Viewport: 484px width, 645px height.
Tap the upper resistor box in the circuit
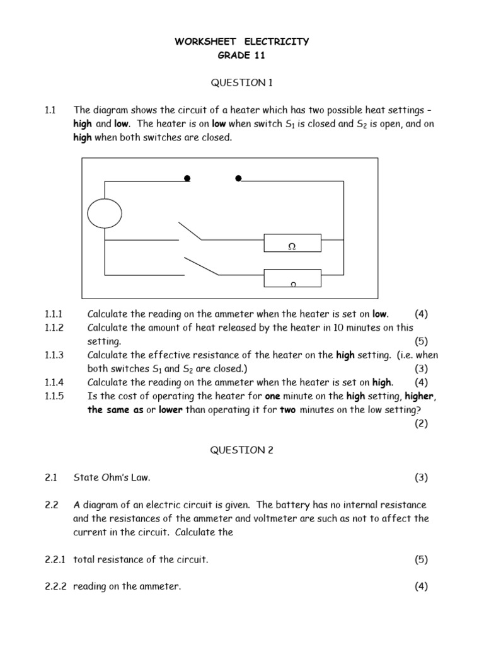point(292,243)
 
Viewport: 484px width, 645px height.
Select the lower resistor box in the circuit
point(292,277)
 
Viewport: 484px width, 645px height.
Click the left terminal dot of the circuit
point(187,179)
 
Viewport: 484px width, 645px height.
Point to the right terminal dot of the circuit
point(238,179)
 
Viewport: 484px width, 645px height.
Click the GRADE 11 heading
point(241,56)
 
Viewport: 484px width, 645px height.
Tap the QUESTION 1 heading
point(241,83)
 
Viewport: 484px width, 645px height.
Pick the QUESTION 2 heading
point(241,450)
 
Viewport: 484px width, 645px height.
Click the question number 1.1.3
point(55,355)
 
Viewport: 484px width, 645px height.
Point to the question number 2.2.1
point(57,559)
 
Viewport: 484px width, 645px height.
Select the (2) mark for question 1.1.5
point(421,423)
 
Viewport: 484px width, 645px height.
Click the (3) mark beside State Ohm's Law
point(421,477)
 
